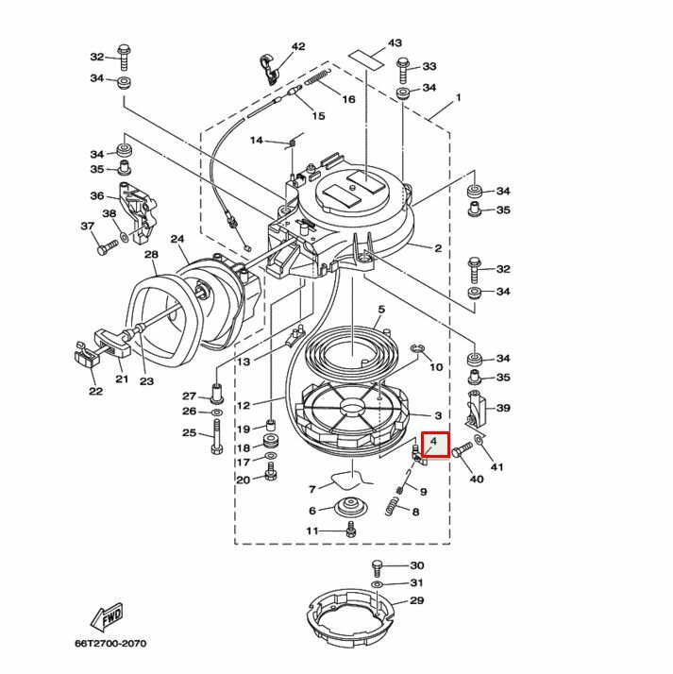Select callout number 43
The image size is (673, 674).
pyautogui.click(x=395, y=43)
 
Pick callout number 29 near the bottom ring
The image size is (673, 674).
pyautogui.click(x=416, y=601)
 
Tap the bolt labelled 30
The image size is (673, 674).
pyautogui.click(x=377, y=567)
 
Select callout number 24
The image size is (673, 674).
pyautogui.click(x=178, y=239)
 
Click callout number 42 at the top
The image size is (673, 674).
pyautogui.click(x=298, y=46)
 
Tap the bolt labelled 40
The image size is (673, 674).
pyautogui.click(x=461, y=453)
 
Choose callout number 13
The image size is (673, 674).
pyautogui.click(x=243, y=362)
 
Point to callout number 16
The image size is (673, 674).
pyautogui.click(x=347, y=98)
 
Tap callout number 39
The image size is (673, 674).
pyautogui.click(x=503, y=408)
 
